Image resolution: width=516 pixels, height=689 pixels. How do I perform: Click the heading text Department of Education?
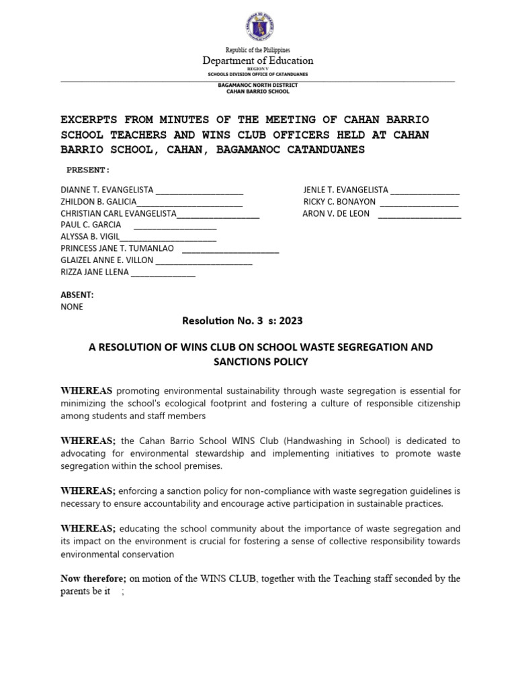tap(258, 61)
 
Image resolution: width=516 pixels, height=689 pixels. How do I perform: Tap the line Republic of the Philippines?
tap(258, 50)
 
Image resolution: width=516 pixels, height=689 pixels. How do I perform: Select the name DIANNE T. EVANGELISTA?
tap(107, 190)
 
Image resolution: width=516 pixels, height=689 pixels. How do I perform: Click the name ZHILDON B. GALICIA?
tap(98, 201)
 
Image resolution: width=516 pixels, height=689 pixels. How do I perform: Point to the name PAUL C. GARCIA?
tap(91, 224)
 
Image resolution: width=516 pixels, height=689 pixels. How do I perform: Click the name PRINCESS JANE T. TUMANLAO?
tap(117, 248)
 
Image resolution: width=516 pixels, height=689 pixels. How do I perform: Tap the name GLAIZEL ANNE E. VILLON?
tap(107, 260)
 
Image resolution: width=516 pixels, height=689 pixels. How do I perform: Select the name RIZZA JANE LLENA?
tap(94, 272)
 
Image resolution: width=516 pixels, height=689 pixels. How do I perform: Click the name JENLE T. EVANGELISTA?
tap(345, 190)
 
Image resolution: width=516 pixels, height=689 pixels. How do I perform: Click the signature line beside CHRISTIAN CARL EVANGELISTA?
tap(218, 214)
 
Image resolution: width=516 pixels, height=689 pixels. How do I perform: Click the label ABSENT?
tap(77, 295)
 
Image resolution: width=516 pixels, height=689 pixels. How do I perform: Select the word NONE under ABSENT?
tap(72, 306)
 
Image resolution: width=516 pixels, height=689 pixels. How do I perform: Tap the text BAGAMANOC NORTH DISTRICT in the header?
tap(258, 85)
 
